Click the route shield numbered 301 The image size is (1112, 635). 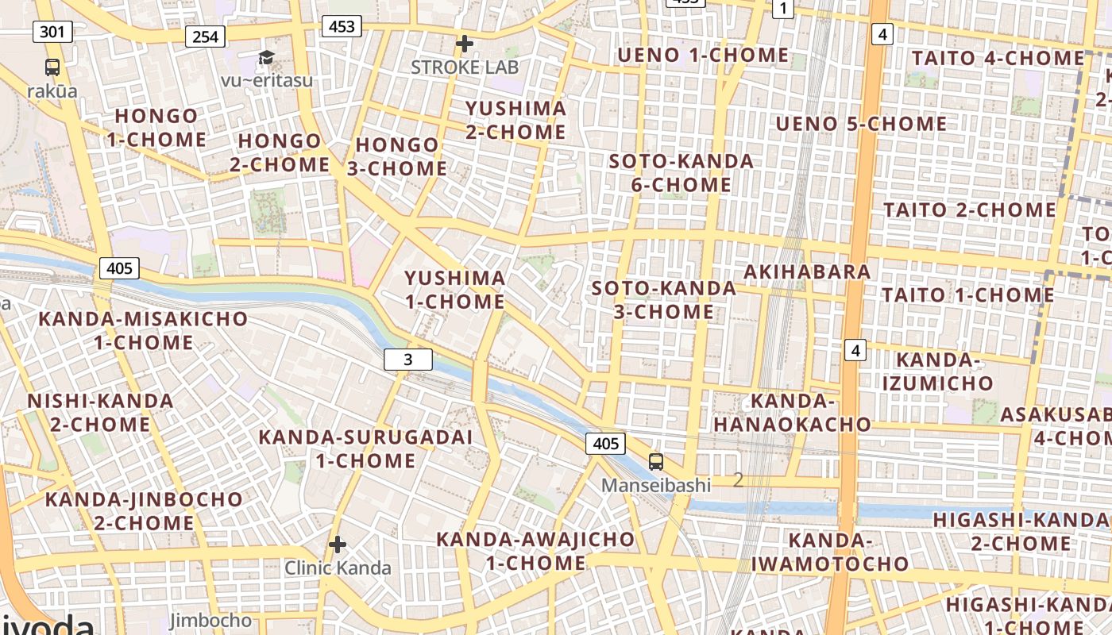tap(52, 32)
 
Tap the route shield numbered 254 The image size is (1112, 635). tap(205, 36)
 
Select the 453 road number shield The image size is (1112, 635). tap(342, 27)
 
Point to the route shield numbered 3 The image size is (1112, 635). tap(408, 360)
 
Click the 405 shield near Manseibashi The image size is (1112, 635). tap(605, 444)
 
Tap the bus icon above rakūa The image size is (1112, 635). tap(52, 67)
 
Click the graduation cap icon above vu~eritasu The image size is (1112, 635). tap(266, 57)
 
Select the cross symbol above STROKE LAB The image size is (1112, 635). tap(465, 44)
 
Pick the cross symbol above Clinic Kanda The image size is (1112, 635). tap(338, 545)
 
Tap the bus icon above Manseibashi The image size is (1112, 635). tap(656, 462)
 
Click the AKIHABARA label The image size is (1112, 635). tap(807, 271)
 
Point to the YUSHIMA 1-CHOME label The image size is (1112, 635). tap(455, 290)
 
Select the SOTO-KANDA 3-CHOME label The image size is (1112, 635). tap(664, 300)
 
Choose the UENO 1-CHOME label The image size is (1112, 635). tap(703, 56)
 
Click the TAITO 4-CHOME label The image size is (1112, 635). tap(998, 59)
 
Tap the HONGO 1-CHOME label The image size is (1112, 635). tap(156, 128)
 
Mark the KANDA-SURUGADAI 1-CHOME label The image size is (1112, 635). tap(365, 448)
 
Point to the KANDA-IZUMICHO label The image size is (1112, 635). tap(937, 371)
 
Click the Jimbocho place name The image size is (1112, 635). tap(210, 621)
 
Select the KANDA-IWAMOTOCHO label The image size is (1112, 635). tap(830, 552)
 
